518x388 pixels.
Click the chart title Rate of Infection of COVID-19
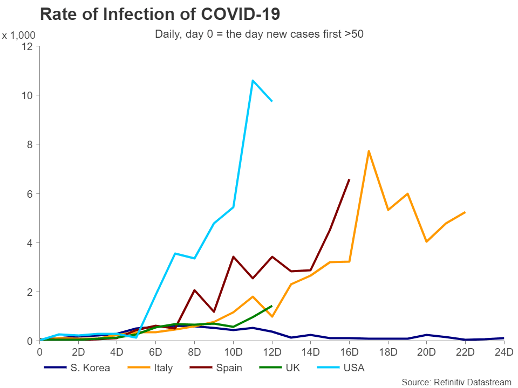coord(160,13)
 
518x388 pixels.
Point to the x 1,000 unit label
coord(18,36)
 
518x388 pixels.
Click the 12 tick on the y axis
coord(28,46)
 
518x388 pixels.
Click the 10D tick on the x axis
coord(233,353)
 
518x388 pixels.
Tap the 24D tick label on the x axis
coord(504,353)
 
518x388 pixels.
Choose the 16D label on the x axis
coord(349,353)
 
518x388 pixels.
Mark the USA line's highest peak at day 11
coord(253,80)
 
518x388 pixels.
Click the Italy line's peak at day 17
coord(369,151)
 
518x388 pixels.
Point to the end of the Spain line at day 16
coord(349,179)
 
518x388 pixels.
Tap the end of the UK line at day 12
coord(272,306)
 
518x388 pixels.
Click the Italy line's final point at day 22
coord(465,212)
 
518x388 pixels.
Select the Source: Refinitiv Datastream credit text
coord(456,382)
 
